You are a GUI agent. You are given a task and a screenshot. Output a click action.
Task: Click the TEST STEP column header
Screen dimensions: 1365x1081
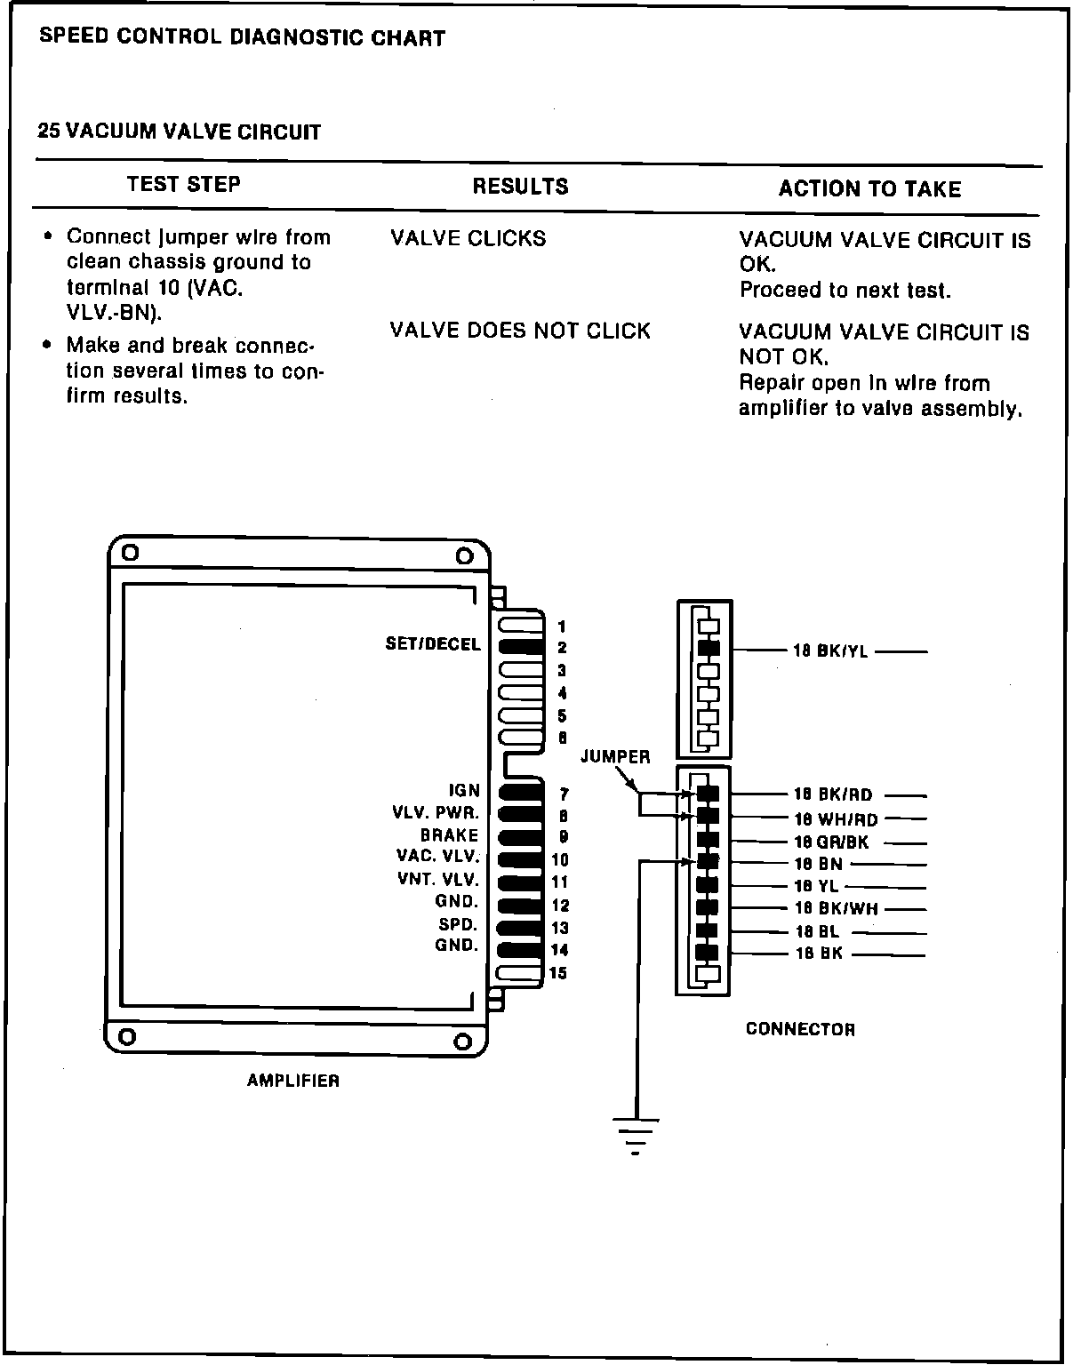(x=183, y=184)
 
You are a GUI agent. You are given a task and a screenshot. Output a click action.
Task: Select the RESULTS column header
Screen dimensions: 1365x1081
(x=520, y=187)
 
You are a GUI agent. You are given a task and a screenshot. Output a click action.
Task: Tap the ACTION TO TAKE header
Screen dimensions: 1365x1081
(x=869, y=189)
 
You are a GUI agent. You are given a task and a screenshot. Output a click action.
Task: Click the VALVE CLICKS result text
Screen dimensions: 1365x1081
(x=468, y=239)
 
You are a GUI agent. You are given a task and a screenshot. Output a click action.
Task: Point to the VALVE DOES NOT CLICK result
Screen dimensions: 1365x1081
(x=520, y=331)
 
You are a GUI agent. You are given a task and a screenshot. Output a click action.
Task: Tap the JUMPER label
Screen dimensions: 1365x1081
(x=615, y=757)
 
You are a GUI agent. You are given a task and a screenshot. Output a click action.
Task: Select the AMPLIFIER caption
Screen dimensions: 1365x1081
(x=293, y=1082)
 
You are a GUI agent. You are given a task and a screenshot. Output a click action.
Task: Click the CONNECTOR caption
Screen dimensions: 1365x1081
(x=800, y=1029)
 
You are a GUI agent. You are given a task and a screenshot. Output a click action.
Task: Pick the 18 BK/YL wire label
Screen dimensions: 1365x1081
(x=830, y=651)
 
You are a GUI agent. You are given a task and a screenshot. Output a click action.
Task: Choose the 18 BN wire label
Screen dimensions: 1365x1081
(x=818, y=864)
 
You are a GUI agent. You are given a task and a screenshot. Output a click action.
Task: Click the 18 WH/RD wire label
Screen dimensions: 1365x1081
(x=836, y=819)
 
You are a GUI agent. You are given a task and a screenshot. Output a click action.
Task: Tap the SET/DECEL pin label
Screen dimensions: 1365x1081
(x=433, y=644)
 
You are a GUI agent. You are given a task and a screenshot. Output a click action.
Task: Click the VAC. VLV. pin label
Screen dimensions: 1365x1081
(x=437, y=857)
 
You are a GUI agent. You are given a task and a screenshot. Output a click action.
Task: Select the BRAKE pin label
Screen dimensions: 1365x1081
(x=450, y=835)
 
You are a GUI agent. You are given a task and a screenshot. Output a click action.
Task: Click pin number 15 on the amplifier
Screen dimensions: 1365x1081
(x=558, y=973)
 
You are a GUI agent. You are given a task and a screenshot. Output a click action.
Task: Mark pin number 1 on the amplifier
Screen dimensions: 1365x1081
(x=561, y=627)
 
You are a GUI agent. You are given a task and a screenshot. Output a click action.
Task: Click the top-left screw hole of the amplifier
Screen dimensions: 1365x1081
(x=131, y=552)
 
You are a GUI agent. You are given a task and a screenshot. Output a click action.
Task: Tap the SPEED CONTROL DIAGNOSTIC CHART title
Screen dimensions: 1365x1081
(x=243, y=38)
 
